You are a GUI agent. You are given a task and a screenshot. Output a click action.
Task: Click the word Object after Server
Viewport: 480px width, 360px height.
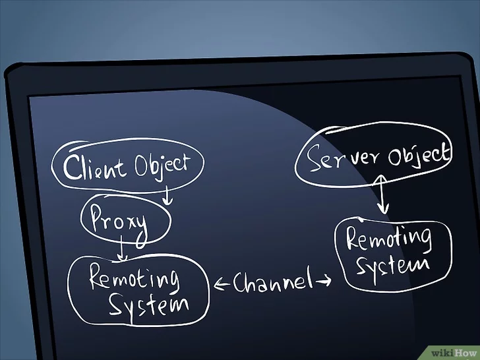pyautogui.click(x=419, y=155)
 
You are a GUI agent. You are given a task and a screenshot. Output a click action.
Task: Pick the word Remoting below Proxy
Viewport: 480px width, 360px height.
pyautogui.click(x=135, y=278)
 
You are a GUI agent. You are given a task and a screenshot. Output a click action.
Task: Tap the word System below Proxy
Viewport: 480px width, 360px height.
pyautogui.click(x=148, y=304)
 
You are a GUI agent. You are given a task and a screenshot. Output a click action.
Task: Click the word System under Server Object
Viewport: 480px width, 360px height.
pyautogui.click(x=393, y=264)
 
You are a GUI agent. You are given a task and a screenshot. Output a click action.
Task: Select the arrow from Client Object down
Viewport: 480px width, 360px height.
pyautogui.click(x=167, y=195)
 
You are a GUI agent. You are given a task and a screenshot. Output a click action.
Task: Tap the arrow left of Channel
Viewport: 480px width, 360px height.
pyautogui.click(x=222, y=284)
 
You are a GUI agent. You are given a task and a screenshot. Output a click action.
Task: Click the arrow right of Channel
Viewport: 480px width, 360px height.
pyautogui.click(x=323, y=281)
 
